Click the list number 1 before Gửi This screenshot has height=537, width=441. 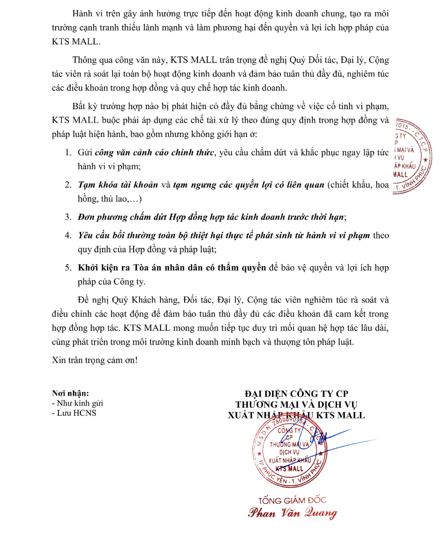tap(68, 153)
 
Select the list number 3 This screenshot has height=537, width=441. tap(68, 217)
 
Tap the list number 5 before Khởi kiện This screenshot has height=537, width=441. tap(68, 268)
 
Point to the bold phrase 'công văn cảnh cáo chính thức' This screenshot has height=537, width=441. tap(155, 153)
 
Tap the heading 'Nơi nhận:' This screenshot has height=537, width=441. tap(70, 393)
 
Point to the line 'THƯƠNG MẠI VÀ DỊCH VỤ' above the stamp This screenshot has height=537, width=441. tap(296, 405)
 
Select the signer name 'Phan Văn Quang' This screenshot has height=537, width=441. tap(292, 513)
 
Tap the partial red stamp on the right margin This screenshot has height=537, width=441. tap(412, 157)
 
